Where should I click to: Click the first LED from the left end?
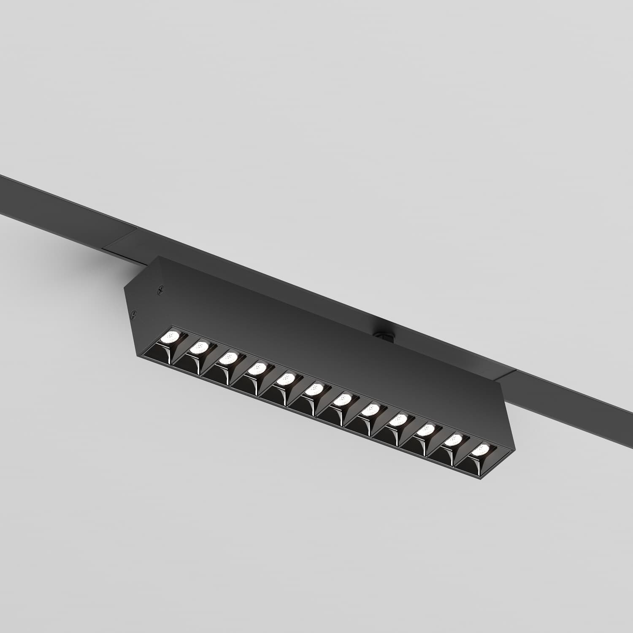click(x=171, y=337)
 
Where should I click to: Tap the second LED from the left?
click(x=200, y=348)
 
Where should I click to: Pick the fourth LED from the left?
click(x=257, y=369)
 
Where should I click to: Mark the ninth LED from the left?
click(x=399, y=420)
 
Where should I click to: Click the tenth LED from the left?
click(x=426, y=430)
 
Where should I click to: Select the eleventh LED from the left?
click(x=454, y=440)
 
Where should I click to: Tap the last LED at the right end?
click(x=480, y=450)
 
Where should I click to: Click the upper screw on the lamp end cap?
click(x=160, y=289)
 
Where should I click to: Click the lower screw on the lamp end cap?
click(x=134, y=314)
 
